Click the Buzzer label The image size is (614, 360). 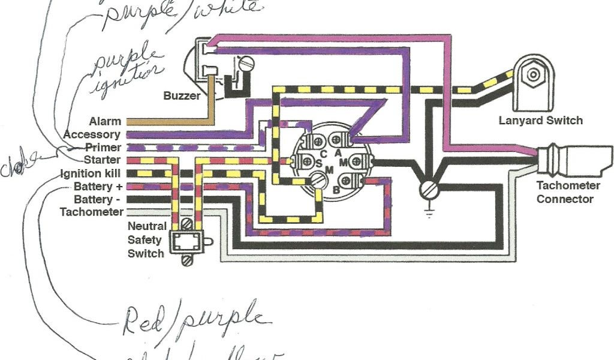point(182,95)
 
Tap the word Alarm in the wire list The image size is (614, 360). point(105,122)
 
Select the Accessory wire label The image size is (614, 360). point(92,135)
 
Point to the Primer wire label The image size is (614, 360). point(103,148)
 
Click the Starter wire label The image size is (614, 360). point(103,160)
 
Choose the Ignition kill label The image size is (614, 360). point(90,173)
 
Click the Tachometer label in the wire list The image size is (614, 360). point(92,212)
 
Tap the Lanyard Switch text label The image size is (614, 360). point(540,121)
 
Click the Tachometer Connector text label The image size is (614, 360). point(565,192)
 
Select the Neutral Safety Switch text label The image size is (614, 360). point(146,239)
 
